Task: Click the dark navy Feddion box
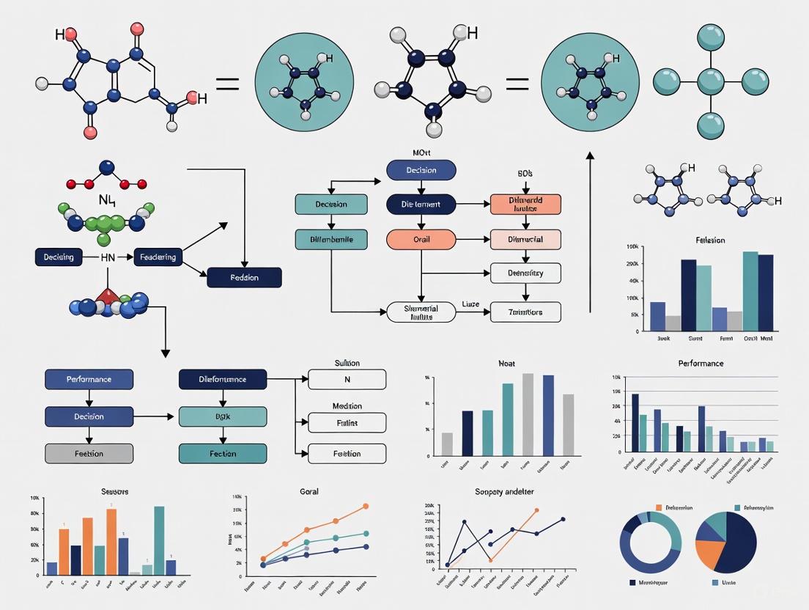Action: pyautogui.click(x=244, y=277)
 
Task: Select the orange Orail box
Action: pyautogui.click(x=421, y=239)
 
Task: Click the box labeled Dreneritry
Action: pyautogui.click(x=525, y=273)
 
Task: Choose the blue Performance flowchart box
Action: pyautogui.click(x=89, y=379)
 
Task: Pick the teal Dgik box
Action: pyautogui.click(x=223, y=416)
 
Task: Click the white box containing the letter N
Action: pyautogui.click(x=347, y=379)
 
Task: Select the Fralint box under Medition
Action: pyautogui.click(x=347, y=423)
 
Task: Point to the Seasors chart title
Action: pyautogui.click(x=114, y=490)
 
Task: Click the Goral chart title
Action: pyautogui.click(x=309, y=491)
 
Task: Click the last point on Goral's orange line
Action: pyautogui.click(x=366, y=506)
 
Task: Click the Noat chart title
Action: pyautogui.click(x=507, y=363)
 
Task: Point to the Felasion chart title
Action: pyautogui.click(x=710, y=240)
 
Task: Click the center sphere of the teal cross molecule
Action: pyautogui.click(x=710, y=80)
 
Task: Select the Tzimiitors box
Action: pyautogui.click(x=525, y=312)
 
